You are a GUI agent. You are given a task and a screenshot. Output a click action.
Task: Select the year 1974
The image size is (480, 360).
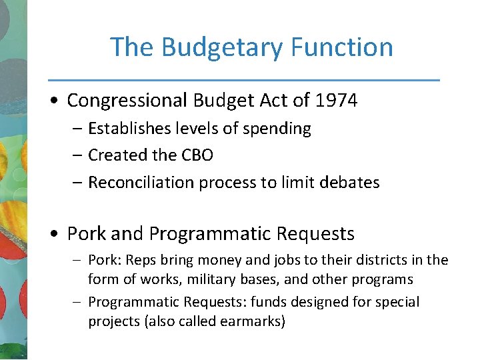(337, 101)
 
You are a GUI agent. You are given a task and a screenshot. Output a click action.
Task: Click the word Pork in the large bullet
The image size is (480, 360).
(87, 234)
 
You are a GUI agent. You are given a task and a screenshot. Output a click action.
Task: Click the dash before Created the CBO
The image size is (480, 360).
(77, 156)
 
